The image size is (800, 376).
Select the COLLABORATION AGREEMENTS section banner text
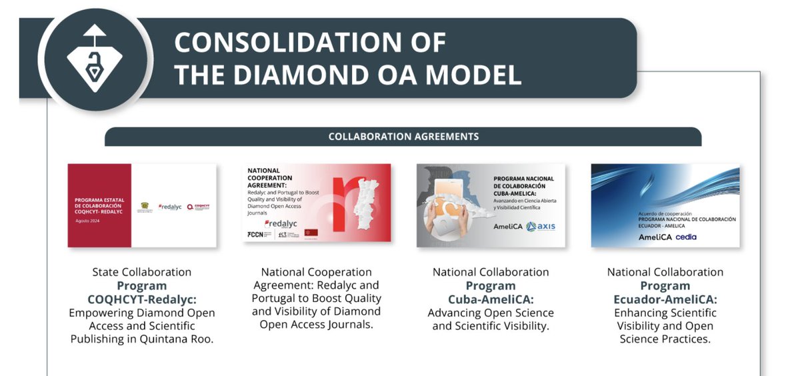pos(403,137)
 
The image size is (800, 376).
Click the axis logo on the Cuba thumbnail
pos(541,227)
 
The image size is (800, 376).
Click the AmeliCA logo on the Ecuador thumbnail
pos(654,237)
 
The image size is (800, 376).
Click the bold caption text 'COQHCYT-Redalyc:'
pos(142,299)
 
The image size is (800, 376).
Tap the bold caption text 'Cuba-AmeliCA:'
pos(491,299)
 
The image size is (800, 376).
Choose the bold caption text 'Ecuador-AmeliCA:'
pos(665,299)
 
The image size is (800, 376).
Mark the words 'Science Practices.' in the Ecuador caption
pos(665,339)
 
